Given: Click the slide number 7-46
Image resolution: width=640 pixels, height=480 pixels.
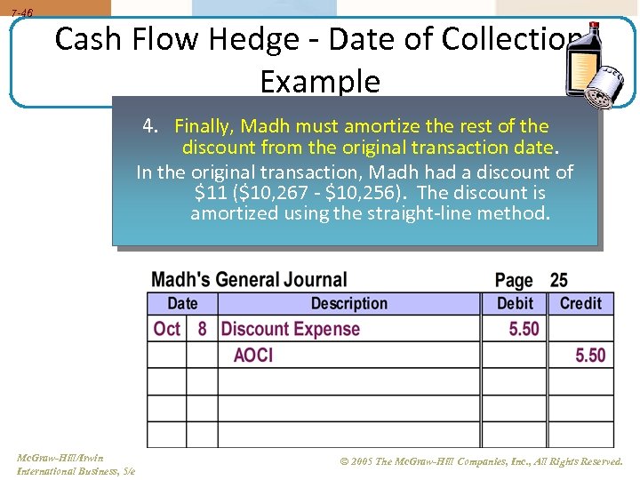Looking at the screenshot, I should (21, 13).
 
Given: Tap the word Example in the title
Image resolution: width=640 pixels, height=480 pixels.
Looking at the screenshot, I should (320, 81).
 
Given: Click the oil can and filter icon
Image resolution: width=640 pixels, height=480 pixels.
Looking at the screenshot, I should (588, 61).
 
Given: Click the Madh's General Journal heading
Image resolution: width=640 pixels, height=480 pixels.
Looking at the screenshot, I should (249, 280).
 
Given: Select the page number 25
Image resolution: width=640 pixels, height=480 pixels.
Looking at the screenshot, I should (558, 281).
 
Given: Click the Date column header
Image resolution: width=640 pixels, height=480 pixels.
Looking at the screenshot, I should (182, 303).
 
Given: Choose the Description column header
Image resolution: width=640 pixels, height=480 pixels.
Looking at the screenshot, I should (348, 303).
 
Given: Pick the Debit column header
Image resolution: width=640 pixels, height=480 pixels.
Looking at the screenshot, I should (515, 303).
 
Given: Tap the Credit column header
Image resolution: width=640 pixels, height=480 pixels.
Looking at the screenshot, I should (580, 303).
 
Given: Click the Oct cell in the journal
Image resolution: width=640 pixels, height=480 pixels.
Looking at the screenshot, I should (167, 329).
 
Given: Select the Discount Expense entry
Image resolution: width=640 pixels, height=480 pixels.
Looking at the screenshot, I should (291, 329).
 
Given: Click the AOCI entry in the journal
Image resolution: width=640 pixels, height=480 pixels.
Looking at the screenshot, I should (253, 356).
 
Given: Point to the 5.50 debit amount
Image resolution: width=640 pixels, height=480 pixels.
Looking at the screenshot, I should (524, 329).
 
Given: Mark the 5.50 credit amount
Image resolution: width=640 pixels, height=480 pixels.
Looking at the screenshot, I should (590, 356).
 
